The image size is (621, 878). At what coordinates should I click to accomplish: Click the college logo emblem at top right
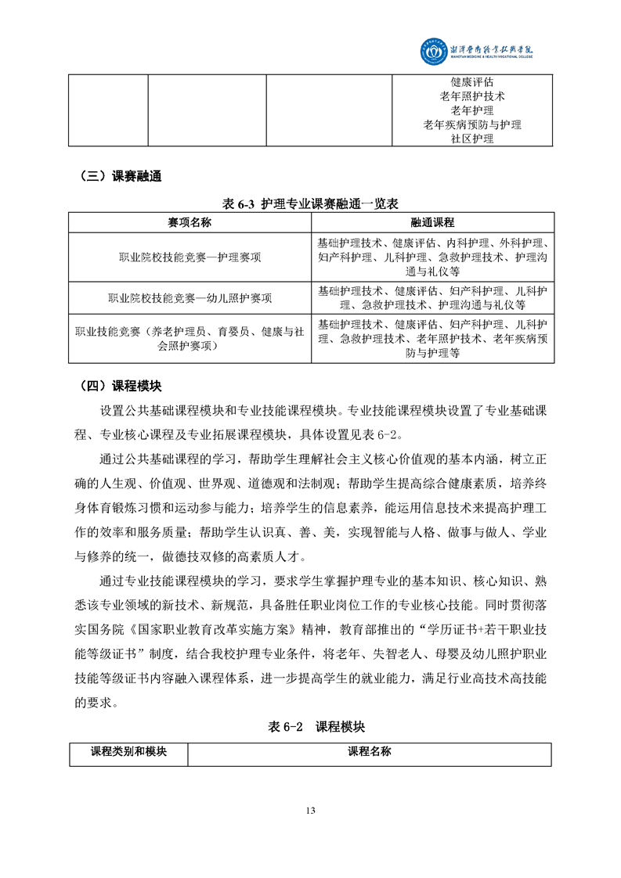(433, 51)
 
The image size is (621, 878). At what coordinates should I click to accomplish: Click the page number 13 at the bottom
(311, 810)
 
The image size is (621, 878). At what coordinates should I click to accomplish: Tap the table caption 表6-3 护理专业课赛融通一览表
(310, 203)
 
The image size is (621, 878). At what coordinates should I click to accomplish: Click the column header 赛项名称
(190, 222)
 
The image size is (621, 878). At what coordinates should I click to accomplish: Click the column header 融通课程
(432, 222)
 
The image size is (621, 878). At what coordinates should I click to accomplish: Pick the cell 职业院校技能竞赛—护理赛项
(190, 257)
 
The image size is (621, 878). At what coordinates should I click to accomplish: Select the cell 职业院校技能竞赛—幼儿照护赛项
(190, 298)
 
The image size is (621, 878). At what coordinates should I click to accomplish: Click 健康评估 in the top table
(472, 82)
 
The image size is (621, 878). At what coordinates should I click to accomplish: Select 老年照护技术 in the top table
(472, 96)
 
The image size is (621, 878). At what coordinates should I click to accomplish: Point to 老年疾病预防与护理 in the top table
(472, 124)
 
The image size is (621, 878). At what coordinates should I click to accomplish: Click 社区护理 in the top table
(472, 139)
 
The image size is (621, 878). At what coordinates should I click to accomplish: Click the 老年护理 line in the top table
(472, 110)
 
